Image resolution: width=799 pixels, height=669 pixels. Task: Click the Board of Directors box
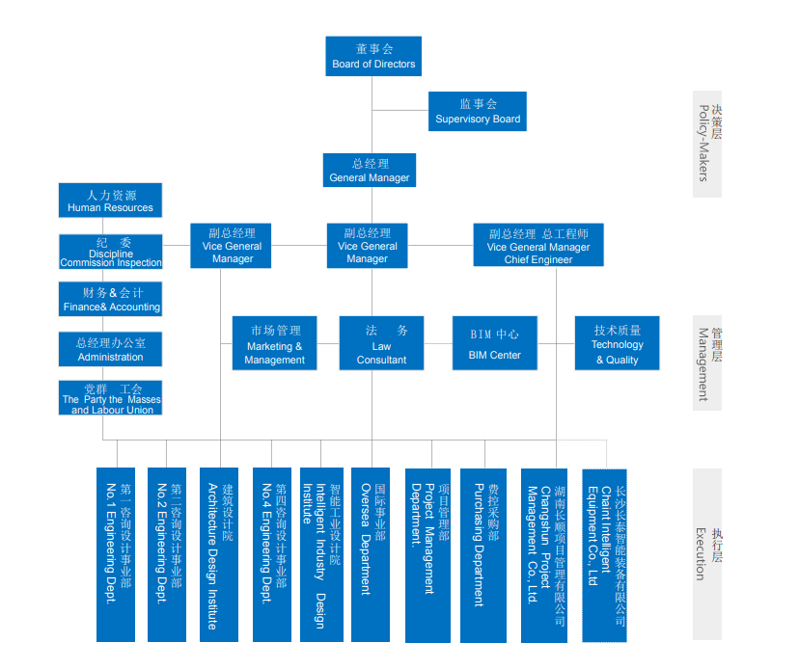coord(372,56)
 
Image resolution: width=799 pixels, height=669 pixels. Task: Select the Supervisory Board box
coord(477,111)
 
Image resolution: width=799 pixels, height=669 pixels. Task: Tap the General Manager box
coord(370,170)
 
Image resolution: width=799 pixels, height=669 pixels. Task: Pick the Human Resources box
coord(110,201)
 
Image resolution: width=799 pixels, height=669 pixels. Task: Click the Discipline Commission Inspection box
coord(111,252)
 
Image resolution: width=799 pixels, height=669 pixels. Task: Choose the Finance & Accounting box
coord(111,299)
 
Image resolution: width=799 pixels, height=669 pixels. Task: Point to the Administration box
coord(111,349)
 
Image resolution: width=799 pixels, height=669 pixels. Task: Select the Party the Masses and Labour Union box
coord(111,397)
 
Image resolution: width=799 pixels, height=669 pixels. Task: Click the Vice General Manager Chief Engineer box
coord(537,246)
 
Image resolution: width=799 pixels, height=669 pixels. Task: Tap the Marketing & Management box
coord(275,342)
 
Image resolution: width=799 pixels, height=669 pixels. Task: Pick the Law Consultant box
coord(381,342)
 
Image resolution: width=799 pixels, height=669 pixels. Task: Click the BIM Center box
coord(494,342)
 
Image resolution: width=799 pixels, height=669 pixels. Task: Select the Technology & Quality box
coord(617,342)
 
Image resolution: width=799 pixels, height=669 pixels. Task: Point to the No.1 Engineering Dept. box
coord(116,554)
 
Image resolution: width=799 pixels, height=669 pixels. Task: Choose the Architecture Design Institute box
coord(220,554)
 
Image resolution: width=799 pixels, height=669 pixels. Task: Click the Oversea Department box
coord(371,554)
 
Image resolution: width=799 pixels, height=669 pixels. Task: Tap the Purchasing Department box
coord(483,554)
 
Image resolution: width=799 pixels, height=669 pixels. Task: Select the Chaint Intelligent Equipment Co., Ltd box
coord(604,554)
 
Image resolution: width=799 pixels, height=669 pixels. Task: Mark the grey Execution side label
coord(706,553)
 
